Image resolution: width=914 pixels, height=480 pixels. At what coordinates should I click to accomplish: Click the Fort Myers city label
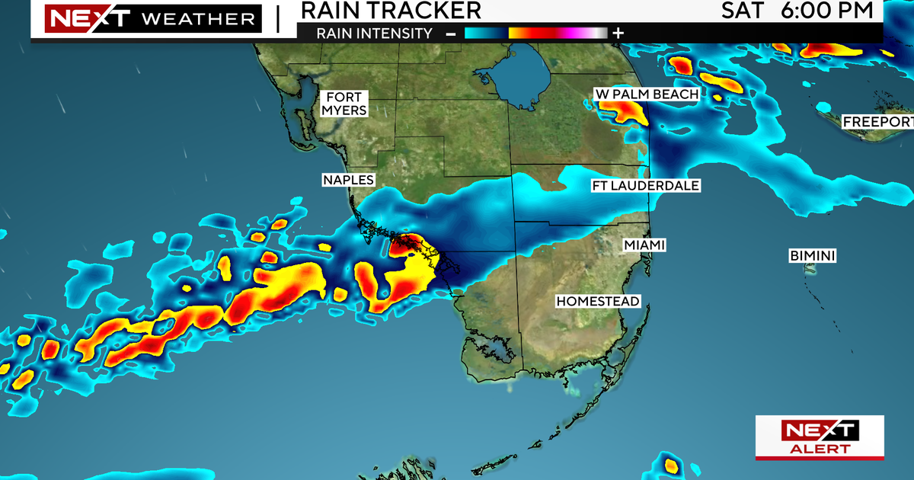coord(344,104)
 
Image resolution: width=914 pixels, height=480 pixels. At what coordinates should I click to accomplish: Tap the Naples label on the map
coord(348,180)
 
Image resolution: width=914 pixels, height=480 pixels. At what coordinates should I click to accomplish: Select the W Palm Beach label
coord(647,94)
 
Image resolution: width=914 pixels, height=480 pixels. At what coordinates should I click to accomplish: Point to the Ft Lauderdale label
coord(646,186)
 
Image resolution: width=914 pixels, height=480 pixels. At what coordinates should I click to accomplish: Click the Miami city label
coord(644,245)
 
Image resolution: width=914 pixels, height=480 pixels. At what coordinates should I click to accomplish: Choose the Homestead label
coord(598,301)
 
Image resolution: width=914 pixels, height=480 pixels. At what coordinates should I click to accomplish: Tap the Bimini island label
coord(813,256)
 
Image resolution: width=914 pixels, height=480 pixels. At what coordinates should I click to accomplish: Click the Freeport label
coord(877,122)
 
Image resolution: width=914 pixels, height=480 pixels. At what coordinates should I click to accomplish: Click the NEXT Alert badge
coord(820,438)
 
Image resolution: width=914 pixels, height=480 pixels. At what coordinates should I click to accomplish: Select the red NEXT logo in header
coord(75,18)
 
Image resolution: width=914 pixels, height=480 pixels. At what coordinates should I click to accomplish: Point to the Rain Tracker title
coord(391,10)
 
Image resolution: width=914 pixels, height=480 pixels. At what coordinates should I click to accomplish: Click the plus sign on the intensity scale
coord(618,33)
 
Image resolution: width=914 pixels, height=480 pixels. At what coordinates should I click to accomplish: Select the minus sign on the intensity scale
coord(450,33)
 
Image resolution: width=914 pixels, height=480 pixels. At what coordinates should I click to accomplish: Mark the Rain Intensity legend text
coord(375,33)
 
